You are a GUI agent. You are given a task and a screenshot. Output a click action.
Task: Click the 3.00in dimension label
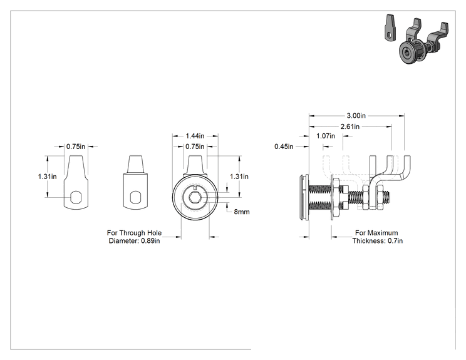(356, 116)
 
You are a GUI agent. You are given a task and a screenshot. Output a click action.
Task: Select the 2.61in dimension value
(350, 127)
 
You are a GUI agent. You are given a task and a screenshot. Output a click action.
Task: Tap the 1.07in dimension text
(326, 136)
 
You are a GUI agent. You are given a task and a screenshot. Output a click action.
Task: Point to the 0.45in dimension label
(284, 147)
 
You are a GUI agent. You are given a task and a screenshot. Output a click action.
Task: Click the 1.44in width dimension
(195, 136)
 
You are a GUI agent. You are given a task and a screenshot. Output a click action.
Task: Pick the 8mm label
(242, 212)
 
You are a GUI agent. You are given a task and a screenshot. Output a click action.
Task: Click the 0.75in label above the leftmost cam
(76, 147)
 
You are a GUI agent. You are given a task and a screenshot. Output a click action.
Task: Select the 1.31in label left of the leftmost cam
(47, 177)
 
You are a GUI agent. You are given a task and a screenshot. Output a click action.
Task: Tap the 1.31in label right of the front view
(239, 177)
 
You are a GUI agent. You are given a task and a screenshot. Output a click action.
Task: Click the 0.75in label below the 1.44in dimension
(195, 147)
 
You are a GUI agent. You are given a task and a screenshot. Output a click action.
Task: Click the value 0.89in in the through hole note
(150, 241)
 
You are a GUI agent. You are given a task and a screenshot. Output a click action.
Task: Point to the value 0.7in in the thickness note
(395, 241)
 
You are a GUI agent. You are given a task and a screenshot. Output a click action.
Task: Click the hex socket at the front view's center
(195, 197)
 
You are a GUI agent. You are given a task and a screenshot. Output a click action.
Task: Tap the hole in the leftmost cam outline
(76, 197)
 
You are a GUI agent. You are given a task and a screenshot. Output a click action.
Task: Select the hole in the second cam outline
(135, 197)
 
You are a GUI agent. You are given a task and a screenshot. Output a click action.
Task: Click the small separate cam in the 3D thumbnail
(390, 28)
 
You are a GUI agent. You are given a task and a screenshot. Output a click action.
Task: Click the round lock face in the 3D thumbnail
(407, 53)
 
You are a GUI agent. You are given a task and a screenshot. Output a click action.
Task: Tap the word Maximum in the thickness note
(383, 233)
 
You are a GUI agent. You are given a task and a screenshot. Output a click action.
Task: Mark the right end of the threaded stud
(390, 197)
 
